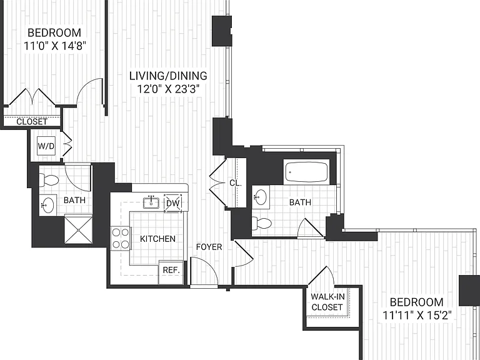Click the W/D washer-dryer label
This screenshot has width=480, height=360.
46,146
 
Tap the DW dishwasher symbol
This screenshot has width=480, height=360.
173,203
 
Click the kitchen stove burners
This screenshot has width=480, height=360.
120,239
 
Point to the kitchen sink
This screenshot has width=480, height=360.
151,202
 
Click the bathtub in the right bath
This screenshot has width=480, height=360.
306,172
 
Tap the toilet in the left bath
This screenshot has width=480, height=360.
49,181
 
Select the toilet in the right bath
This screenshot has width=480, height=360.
262,224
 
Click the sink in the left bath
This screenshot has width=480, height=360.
47,205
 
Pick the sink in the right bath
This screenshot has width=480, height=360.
261,197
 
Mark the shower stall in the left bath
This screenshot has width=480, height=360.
78,229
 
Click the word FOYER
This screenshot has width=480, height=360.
209,247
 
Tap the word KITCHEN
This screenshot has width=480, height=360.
157,239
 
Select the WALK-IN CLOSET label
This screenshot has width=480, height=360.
327,302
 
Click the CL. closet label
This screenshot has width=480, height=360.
236,183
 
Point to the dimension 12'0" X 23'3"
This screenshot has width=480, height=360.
168,89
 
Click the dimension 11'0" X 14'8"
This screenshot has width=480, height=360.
55,46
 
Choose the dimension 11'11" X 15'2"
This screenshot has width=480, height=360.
417,315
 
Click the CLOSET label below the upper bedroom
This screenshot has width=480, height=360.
32,122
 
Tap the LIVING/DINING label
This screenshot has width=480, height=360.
168,76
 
